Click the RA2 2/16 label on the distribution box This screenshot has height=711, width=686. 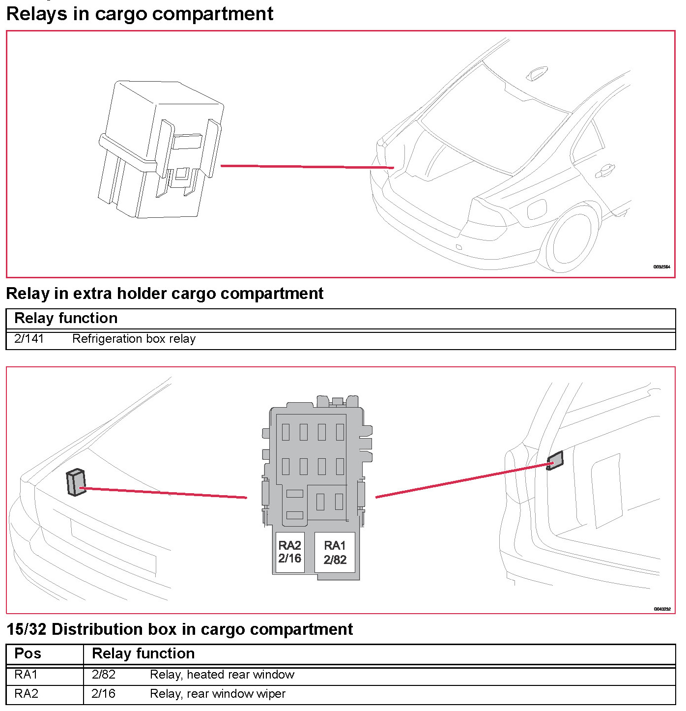point(289,552)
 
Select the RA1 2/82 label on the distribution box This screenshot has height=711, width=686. point(335,553)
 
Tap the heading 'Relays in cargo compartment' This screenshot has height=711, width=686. point(140,13)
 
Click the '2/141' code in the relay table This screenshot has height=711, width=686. point(29,339)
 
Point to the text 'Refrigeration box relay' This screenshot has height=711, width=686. point(134,339)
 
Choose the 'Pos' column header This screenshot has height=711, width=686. point(28,653)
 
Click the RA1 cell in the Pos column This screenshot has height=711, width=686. point(26,675)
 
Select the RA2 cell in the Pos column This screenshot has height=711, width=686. point(26,694)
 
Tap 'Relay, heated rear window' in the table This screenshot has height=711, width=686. point(222,675)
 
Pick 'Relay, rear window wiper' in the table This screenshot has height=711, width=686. point(217,694)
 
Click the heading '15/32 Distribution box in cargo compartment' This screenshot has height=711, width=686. point(179,629)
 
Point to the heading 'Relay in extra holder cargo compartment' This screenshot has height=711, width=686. point(165,294)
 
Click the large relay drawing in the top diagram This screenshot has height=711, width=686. point(160,150)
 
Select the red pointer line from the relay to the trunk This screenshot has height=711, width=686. point(307,167)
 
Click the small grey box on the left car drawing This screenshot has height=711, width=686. point(76,482)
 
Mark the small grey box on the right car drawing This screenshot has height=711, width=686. point(555,461)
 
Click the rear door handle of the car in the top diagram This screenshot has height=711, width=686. point(605,171)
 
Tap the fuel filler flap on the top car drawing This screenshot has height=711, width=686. point(537,209)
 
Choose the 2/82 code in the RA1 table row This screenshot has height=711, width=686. point(103,675)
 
